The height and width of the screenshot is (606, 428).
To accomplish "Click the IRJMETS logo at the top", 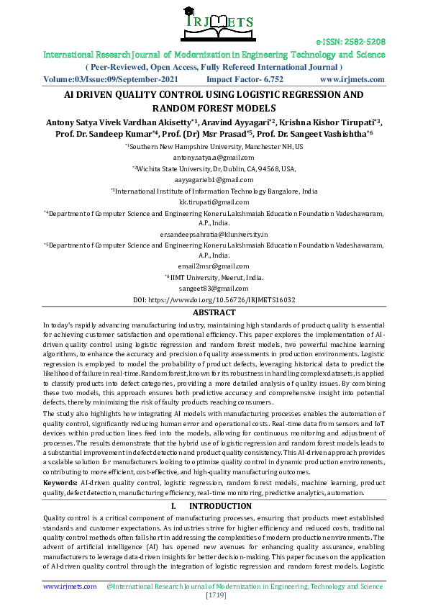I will (214, 23).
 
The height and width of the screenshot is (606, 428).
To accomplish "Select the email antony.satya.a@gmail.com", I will (214, 157).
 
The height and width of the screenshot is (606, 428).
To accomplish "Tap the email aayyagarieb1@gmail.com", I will (214, 180).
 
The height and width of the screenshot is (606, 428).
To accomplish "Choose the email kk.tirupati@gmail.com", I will (214, 202).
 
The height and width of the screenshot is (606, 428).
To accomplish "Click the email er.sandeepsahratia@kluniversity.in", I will (214, 234).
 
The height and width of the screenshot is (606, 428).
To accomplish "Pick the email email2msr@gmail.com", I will (214, 266).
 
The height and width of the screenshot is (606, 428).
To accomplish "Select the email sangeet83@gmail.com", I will (214, 289).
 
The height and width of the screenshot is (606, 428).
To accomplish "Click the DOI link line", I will (214, 299).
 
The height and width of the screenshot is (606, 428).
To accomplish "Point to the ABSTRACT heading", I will (214, 312).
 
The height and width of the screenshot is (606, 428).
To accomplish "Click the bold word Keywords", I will (60, 481).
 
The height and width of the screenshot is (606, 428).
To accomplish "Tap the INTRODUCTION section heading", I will (224, 506).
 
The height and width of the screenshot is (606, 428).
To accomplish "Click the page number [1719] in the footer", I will (214, 597).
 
